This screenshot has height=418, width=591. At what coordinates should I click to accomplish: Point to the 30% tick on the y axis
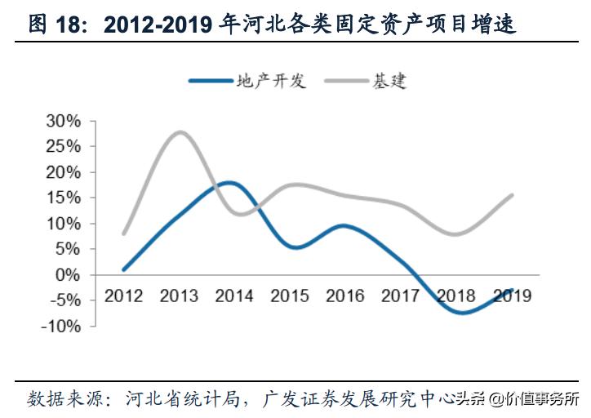coord(64,122)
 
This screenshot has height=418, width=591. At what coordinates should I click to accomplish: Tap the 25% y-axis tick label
coord(64,147)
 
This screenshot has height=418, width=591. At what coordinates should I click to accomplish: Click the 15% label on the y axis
coord(64,198)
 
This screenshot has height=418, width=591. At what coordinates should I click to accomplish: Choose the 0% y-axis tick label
coord(69,275)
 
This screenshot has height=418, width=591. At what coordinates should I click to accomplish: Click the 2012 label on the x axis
coord(125,296)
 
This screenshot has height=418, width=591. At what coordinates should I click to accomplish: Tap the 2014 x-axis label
coord(233,296)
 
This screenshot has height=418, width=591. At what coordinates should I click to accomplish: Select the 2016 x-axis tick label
coord(344,296)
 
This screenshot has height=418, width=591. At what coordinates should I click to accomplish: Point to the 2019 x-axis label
coord(511,296)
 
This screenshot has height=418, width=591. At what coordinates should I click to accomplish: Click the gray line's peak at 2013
coord(180,132)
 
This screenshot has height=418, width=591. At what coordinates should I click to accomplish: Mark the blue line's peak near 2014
coord(230,183)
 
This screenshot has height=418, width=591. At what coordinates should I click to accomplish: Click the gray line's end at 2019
coord(512,195)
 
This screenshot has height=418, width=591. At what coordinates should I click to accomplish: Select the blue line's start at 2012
coord(124,269)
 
